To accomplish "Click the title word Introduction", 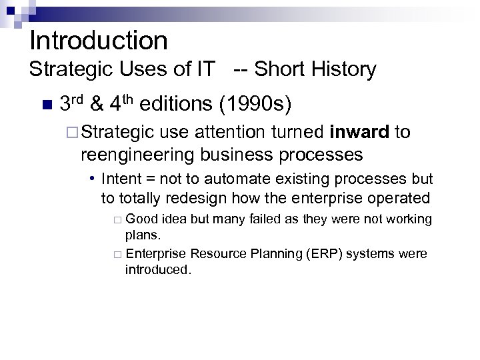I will coord(99,41).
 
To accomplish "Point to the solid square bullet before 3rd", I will coord(45,105).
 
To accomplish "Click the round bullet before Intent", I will coord(94,179).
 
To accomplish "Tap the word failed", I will coord(263,219).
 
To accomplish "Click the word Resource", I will coord(212,254).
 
